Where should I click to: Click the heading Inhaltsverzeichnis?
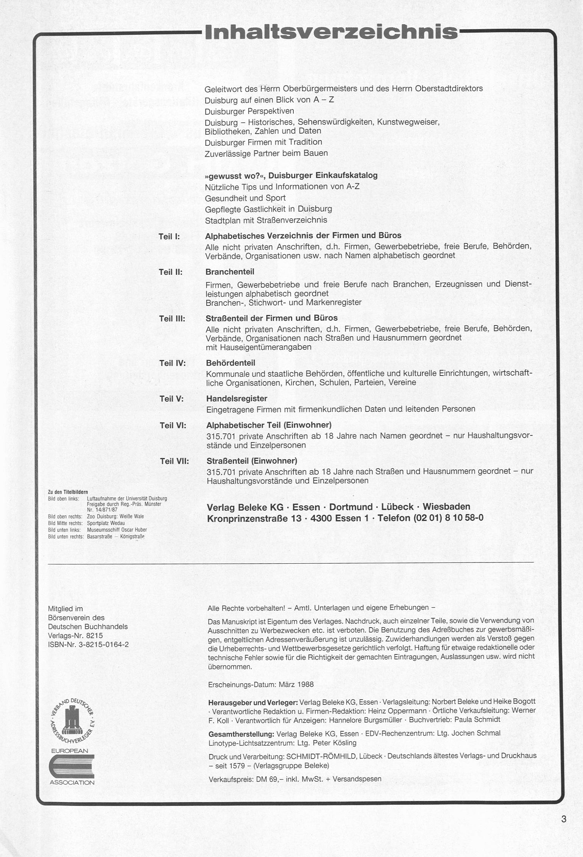tap(331, 33)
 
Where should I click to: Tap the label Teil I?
tap(169, 237)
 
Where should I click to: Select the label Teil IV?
tap(172, 363)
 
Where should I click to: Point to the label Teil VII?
tap(174, 461)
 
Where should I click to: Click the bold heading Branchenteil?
tap(230, 272)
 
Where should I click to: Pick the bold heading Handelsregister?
tap(237, 399)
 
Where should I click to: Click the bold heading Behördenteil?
tap(231, 363)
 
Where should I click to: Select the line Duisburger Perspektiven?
tap(249, 111)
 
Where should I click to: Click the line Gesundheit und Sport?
tap(245, 198)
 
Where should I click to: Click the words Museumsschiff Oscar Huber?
tap(117, 530)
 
